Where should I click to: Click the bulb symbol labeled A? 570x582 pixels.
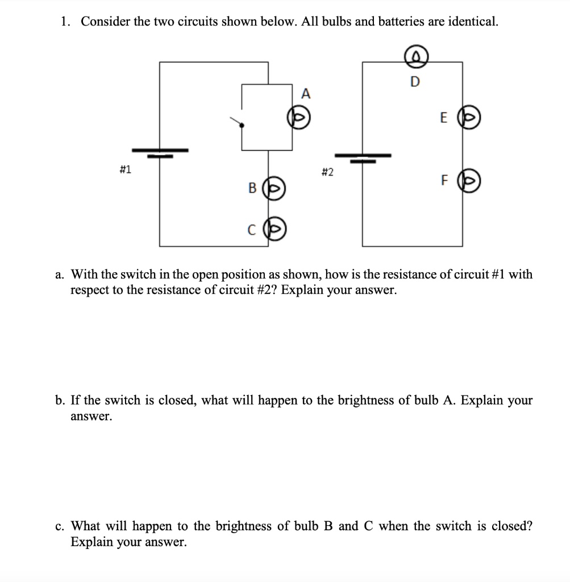(x=298, y=117)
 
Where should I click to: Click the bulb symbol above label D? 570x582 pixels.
(x=415, y=56)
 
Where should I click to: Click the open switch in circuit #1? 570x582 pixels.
(x=238, y=123)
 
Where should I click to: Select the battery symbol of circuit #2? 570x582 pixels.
(x=363, y=157)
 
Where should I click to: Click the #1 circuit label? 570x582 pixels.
(x=126, y=169)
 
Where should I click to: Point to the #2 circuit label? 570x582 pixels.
(x=326, y=172)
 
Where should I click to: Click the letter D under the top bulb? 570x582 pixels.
(x=414, y=82)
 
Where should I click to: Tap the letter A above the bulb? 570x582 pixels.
(x=306, y=94)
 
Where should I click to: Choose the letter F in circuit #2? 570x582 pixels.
(x=444, y=181)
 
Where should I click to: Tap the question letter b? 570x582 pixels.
(x=60, y=400)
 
